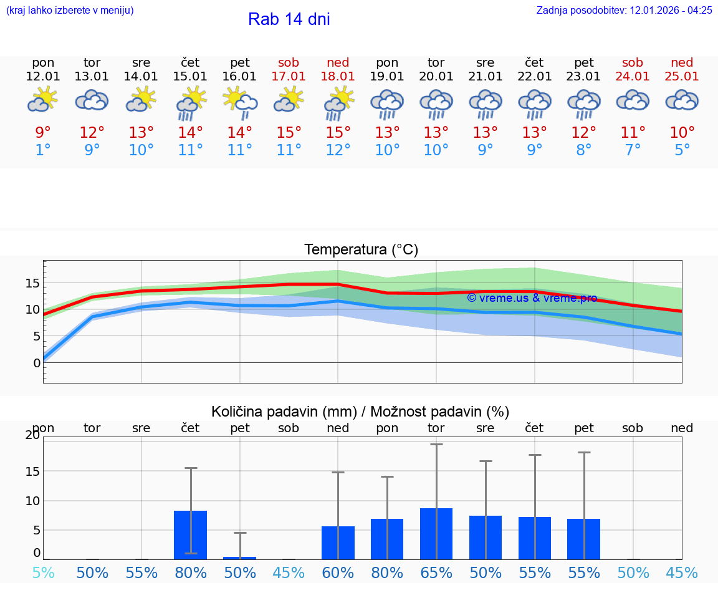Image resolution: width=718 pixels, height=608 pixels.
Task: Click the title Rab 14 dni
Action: click(289, 19)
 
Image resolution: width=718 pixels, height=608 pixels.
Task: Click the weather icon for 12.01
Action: click(42, 100)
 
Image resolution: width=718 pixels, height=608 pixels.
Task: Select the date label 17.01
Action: click(289, 76)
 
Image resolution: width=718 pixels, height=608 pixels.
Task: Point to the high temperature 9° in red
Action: click(43, 133)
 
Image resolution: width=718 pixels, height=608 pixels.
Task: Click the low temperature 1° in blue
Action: click(43, 150)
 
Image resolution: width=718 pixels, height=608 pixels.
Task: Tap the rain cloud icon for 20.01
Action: click(436, 104)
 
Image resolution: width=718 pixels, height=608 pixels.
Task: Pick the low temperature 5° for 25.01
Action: click(682, 150)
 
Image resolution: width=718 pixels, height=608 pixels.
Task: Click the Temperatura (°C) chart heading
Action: click(361, 249)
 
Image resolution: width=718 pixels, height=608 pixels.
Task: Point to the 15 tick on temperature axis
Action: click(32, 284)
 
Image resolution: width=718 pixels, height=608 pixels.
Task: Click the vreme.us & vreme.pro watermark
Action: click(532, 298)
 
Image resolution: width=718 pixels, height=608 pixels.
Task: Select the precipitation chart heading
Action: click(360, 412)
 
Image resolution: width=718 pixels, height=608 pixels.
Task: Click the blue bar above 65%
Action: click(436, 534)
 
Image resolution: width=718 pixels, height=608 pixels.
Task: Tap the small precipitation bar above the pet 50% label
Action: click(240, 557)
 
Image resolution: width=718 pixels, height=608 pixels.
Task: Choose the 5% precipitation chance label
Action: click(43, 572)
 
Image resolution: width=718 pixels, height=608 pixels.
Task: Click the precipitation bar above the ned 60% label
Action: click(338, 543)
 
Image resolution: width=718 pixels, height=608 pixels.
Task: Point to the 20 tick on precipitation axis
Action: click(32, 435)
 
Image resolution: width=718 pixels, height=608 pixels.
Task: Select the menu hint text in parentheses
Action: click(70, 10)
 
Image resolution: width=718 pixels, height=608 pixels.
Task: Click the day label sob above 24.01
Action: click(633, 62)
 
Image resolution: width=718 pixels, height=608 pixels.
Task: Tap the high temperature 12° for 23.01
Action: click(583, 133)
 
